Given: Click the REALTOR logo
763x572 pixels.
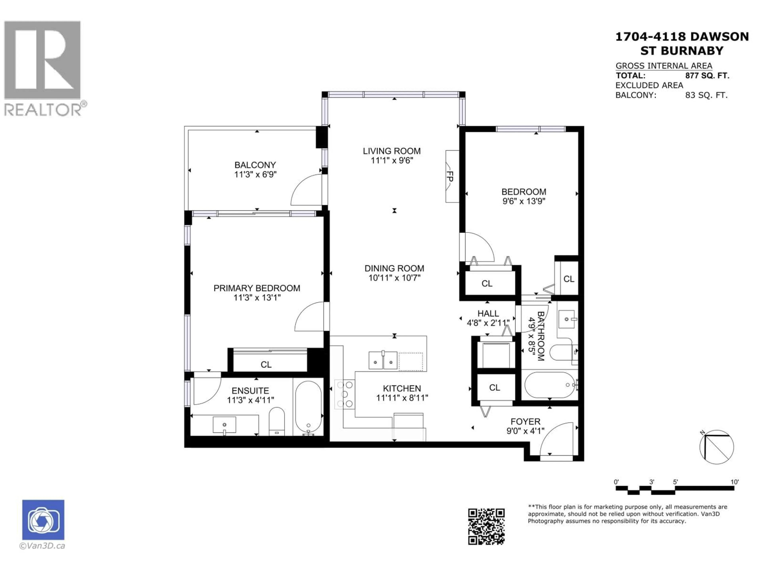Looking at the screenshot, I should [43, 67].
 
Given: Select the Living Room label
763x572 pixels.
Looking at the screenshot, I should [391, 151].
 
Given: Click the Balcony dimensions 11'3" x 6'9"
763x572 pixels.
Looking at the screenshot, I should [255, 174].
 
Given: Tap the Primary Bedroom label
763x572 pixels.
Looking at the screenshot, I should [257, 288].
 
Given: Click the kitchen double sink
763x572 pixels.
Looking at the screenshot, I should [383, 360].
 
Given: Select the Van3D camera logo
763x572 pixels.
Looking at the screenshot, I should [43, 520].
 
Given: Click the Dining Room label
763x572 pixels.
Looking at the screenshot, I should [394, 268].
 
